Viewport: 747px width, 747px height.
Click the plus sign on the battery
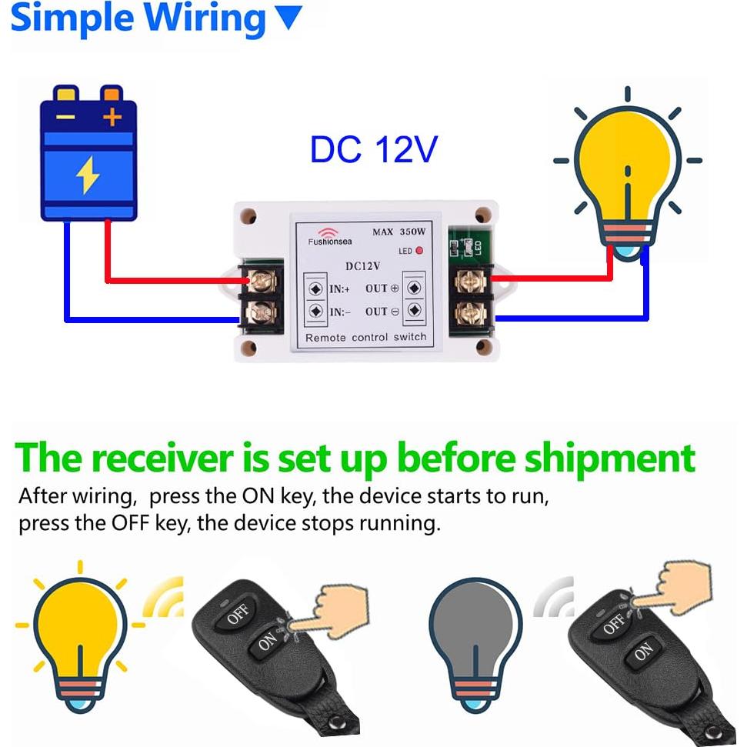[x=112, y=118]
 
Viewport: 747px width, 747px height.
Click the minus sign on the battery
[x=65, y=118]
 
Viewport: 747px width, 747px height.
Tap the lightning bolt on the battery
[x=88, y=175]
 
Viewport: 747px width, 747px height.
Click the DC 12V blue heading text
[x=373, y=150]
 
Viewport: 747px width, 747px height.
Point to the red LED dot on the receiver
[x=419, y=251]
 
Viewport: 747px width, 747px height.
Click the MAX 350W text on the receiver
[x=399, y=232]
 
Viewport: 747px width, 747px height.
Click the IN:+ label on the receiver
[x=340, y=288]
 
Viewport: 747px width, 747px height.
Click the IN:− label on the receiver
[x=340, y=312]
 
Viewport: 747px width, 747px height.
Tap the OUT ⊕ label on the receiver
[x=382, y=288]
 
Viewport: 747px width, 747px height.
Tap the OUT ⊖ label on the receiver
[x=382, y=312]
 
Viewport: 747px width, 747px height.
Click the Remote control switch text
[x=365, y=337]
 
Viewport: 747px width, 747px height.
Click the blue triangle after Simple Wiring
[x=288, y=18]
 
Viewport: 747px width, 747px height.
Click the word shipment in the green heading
[x=609, y=458]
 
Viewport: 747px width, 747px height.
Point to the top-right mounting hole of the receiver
[x=482, y=216]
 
